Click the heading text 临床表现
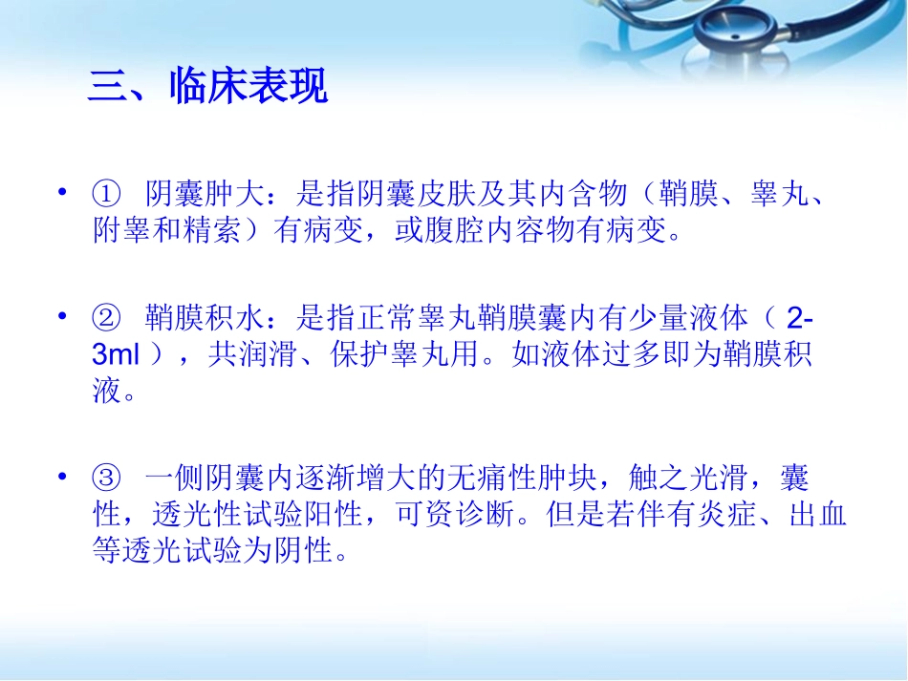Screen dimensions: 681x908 click(x=248, y=88)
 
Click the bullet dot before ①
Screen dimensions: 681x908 click(x=64, y=194)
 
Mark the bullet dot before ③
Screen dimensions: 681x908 click(x=64, y=478)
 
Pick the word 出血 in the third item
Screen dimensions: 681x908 click(x=817, y=516)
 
